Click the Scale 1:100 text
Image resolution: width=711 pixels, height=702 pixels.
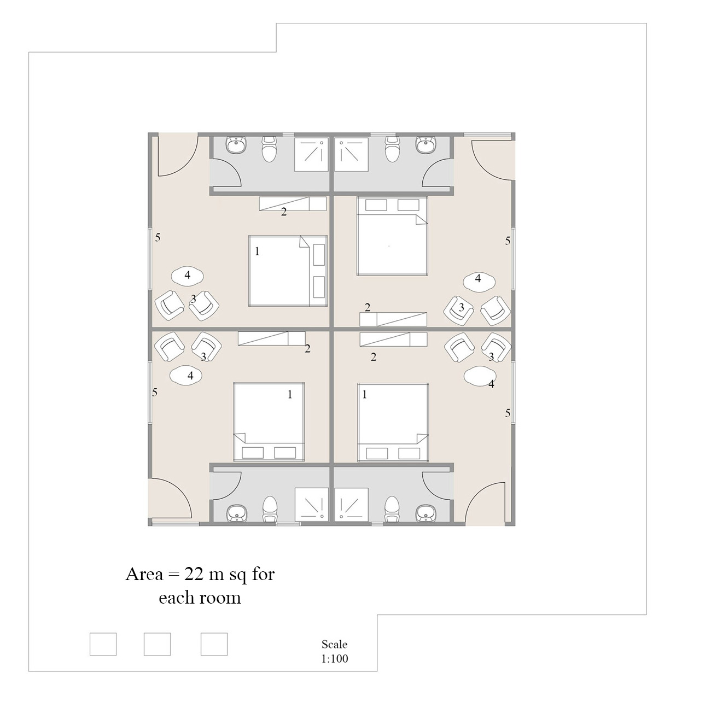[335, 651]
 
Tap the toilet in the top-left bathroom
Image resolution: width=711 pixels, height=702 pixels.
[269, 149]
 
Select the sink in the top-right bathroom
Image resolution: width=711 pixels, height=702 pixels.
[426, 144]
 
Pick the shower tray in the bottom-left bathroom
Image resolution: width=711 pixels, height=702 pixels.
[311, 504]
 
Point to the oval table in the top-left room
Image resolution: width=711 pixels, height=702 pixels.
[188, 276]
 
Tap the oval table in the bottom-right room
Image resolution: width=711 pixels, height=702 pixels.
[480, 376]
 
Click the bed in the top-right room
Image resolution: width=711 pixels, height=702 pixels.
[392, 236]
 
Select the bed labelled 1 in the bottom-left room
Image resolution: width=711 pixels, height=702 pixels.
[269, 422]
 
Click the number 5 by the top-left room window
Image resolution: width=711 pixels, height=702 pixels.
[158, 238]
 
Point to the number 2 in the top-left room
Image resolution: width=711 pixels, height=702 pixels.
[284, 212]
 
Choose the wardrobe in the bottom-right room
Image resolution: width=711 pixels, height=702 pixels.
[393, 339]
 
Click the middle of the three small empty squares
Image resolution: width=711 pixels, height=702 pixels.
[157, 644]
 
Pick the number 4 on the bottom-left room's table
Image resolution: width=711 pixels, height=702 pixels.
[190, 376]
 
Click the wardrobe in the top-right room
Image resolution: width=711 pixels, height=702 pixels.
[393, 319]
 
